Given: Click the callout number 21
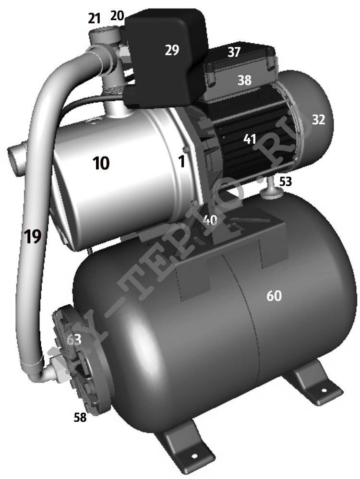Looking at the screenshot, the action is click(94, 19).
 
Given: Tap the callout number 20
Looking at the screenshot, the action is click(117, 15).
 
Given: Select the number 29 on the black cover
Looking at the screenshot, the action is click(172, 50).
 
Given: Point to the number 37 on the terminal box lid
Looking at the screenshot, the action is click(234, 52).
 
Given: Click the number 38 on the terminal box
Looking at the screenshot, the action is click(244, 80).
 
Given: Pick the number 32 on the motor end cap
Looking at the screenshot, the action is click(318, 120).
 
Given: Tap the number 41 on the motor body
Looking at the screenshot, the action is click(250, 139).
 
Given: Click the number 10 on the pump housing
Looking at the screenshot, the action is click(101, 164).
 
